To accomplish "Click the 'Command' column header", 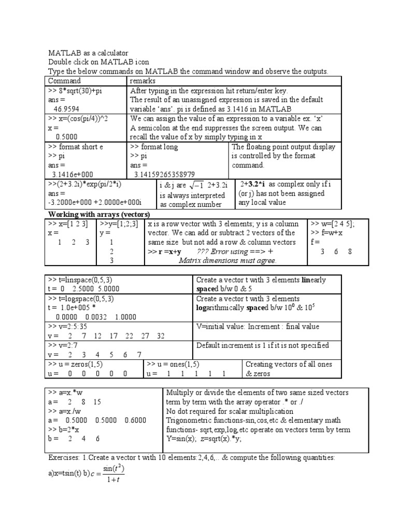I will (x=65, y=81).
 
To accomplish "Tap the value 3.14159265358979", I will (x=164, y=175).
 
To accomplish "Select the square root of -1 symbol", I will (x=195, y=186).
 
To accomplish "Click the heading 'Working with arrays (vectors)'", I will (x=99, y=214).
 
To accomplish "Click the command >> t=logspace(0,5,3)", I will (x=81, y=299).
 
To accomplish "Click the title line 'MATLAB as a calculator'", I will (x=88, y=53).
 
